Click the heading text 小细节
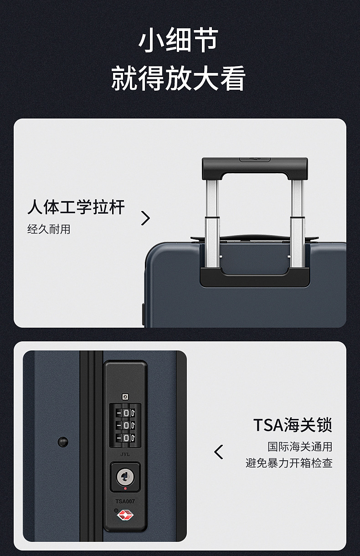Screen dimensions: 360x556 pos(178,40)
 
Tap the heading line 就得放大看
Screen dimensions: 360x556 pos(178,78)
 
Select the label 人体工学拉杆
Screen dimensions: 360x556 pos(76,207)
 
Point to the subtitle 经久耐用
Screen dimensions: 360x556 pos(49,229)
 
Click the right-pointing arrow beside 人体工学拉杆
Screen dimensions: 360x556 pos(145,218)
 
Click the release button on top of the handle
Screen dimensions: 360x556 pos(255,160)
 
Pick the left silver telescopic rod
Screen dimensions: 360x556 pos(212,223)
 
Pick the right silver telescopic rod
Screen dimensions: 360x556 pos(297,223)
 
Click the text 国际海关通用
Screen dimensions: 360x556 pos(300,447)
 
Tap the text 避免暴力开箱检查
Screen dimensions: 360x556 pos(289,463)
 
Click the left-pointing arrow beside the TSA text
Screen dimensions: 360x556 pos(218,452)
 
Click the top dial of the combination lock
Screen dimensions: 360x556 pos(126,413)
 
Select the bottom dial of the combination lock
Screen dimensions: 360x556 pos(126,438)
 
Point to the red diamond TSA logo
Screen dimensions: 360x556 pos(125,515)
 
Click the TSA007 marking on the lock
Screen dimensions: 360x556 pos(125,501)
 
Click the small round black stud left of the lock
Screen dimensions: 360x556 pos(63,442)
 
